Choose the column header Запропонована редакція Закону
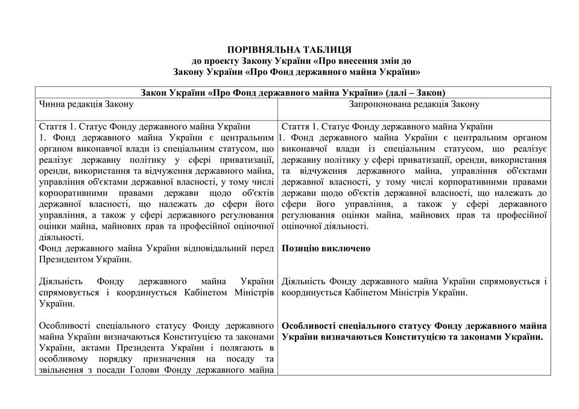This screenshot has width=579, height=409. pyautogui.click(x=414, y=104)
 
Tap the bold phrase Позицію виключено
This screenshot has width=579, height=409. pyautogui.click(x=326, y=249)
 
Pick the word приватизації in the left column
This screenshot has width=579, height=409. pyautogui.click(x=248, y=160)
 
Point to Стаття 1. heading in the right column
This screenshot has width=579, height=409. pyautogui.click(x=300, y=127)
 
